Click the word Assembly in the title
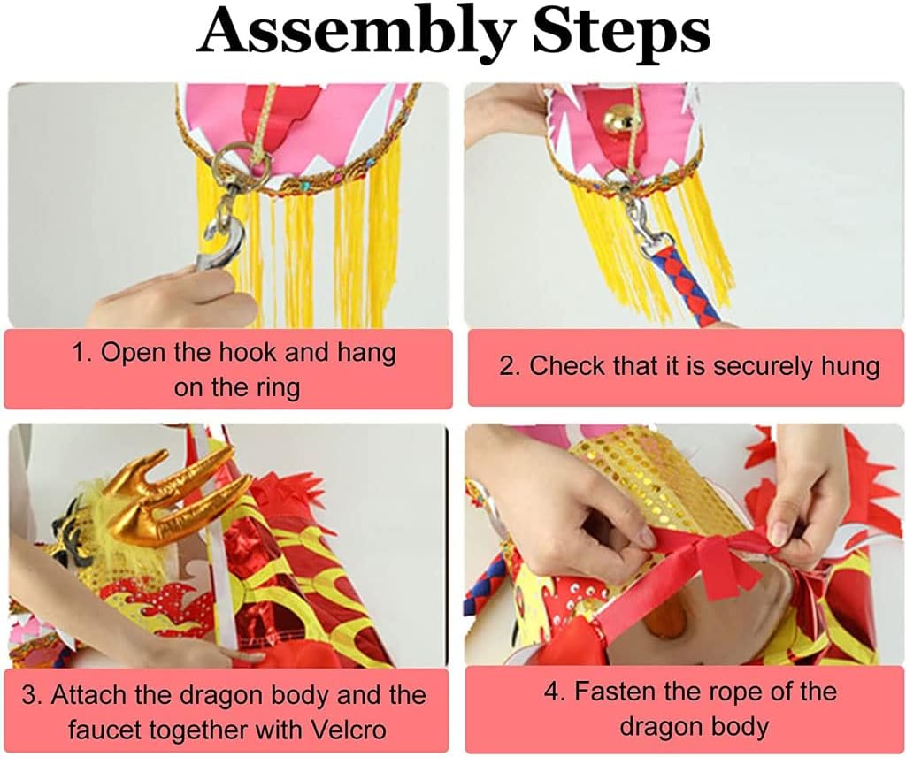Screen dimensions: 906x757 pyautogui.click(x=355, y=33)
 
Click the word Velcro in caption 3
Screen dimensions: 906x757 pyautogui.click(x=349, y=730)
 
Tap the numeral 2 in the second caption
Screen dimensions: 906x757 pyautogui.click(x=506, y=367)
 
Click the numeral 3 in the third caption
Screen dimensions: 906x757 pyautogui.click(x=29, y=694)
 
